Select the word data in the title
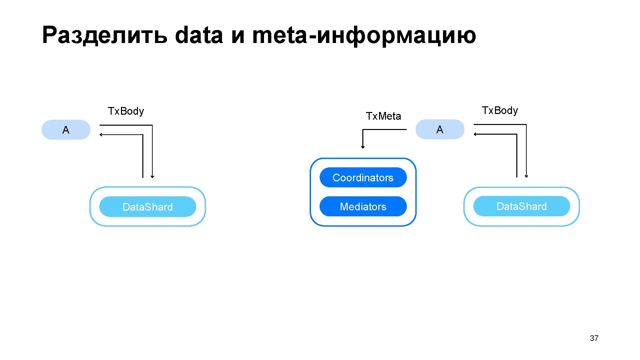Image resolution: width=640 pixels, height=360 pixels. point(199,35)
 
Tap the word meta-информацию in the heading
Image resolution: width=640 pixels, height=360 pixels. point(364,35)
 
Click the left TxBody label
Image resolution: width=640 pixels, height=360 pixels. point(126,111)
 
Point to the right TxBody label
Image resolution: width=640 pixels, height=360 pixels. point(500,110)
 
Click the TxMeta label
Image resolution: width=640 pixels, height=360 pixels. point(383,116)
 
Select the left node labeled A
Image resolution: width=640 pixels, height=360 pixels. point(66,130)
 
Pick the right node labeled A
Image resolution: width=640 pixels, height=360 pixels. point(440,129)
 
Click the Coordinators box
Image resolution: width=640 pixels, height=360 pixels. point(363,177)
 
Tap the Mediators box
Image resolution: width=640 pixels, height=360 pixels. point(363,206)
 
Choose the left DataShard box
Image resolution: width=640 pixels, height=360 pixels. point(147,207)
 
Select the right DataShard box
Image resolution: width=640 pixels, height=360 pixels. point(521,206)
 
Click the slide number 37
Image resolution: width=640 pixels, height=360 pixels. point(594,338)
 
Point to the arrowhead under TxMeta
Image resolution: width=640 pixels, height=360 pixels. point(363,147)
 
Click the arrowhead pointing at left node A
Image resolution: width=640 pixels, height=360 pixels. point(101,135)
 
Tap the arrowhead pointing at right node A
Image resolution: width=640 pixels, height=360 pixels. point(475,134)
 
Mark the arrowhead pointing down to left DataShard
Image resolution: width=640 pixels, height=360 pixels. point(152,176)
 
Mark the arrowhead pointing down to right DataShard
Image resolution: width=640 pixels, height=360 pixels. point(526,176)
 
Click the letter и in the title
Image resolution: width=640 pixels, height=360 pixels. point(238,36)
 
